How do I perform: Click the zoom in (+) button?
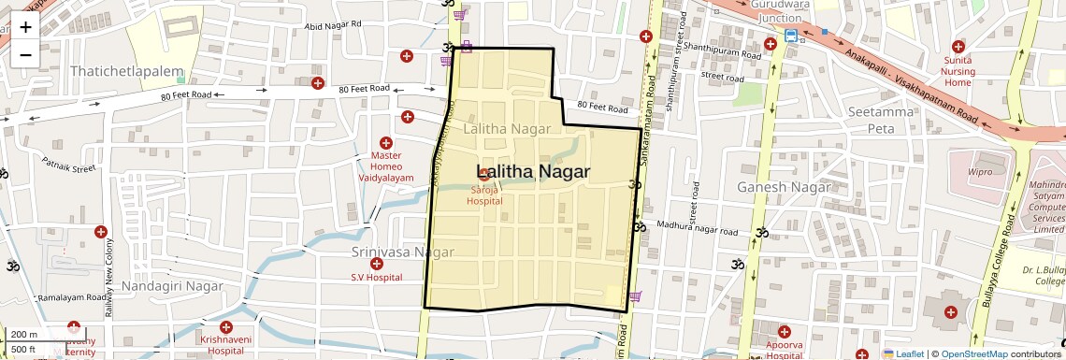(25, 26)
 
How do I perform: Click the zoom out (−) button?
(25, 54)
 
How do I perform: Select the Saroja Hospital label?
(484, 194)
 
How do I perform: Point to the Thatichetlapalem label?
(127, 71)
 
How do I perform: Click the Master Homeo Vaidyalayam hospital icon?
(385, 142)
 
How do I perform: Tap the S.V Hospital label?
(376, 277)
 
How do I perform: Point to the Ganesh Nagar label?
(784, 187)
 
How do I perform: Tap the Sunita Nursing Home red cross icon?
(958, 47)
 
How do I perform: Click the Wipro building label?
(980, 172)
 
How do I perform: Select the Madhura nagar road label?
(698, 227)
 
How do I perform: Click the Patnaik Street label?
(69, 169)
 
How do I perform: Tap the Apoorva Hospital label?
(784, 349)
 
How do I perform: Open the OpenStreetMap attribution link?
(973, 354)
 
